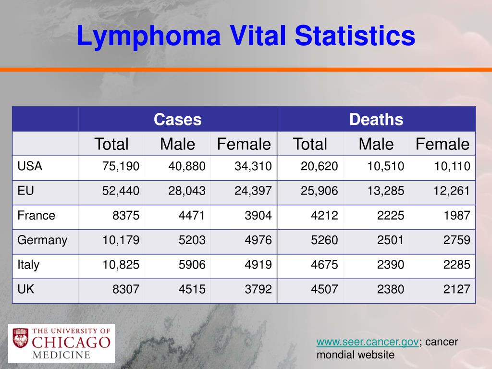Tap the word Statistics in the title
point(355,35)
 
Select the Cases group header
point(178,120)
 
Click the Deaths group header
point(376,120)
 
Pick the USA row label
point(30,166)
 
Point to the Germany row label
point(42,240)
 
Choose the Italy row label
point(28,265)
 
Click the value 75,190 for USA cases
point(121,166)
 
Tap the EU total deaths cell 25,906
point(320,191)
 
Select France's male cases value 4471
point(192,215)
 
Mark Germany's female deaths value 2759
point(456,240)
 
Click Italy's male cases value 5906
point(192,265)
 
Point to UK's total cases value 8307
point(126,289)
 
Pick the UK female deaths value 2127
point(456,289)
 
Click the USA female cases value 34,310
point(253,166)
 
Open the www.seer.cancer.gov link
point(368,342)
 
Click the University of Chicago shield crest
point(20,338)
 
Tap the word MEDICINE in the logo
point(61,355)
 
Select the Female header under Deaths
point(443,144)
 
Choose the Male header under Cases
point(178,144)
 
